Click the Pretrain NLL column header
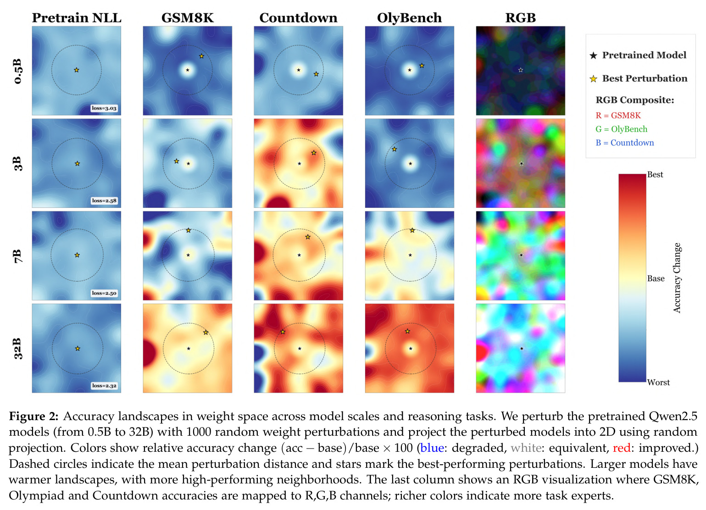pos(77,18)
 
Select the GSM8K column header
pos(188,18)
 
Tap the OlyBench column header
pos(409,18)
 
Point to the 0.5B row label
pos(18,71)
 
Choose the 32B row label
pos(18,349)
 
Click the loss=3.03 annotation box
pos(104,108)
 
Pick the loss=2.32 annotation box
pos(104,386)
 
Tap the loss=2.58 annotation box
pos(104,201)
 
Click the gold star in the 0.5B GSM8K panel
pos(201,56)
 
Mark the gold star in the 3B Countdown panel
pos(314,153)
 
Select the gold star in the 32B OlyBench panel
pos(407,331)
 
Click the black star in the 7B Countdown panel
pos(299,255)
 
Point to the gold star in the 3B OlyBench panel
pos(395,150)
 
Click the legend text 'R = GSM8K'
pos(618,116)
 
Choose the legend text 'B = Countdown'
pos(625,143)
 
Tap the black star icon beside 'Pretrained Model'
pos(594,56)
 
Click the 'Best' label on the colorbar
pos(655,175)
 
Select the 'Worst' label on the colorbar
pos(658,382)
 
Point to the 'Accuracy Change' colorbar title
pos(677,278)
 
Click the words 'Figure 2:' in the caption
pos(34,416)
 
